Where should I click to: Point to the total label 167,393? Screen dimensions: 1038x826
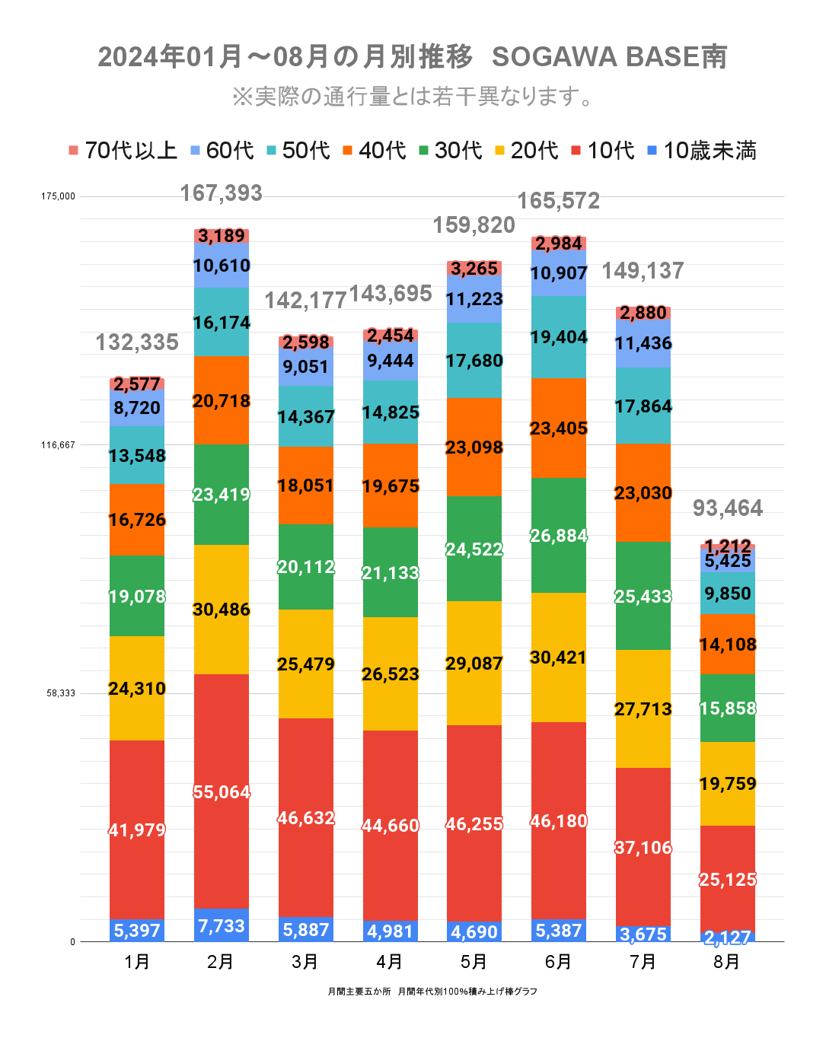pyautogui.click(x=222, y=193)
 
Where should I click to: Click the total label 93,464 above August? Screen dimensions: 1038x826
pyautogui.click(x=728, y=508)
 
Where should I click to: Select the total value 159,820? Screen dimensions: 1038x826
pyautogui.click(x=474, y=225)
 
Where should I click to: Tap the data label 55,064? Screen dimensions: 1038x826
pyautogui.click(x=222, y=792)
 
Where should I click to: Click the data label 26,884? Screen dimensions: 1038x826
pyautogui.click(x=559, y=536)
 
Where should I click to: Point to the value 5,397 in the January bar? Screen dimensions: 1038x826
pyautogui.click(x=137, y=930)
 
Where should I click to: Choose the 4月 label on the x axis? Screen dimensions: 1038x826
pyautogui.click(x=390, y=962)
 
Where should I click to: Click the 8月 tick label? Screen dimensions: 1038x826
pyautogui.click(x=727, y=962)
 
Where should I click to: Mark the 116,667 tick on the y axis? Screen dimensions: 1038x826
pyautogui.click(x=58, y=444)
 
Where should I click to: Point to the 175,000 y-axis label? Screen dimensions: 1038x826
pyautogui.click(x=58, y=196)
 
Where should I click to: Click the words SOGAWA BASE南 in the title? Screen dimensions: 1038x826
pyautogui.click(x=610, y=57)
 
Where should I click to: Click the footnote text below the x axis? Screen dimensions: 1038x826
pyautogui.click(x=432, y=992)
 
